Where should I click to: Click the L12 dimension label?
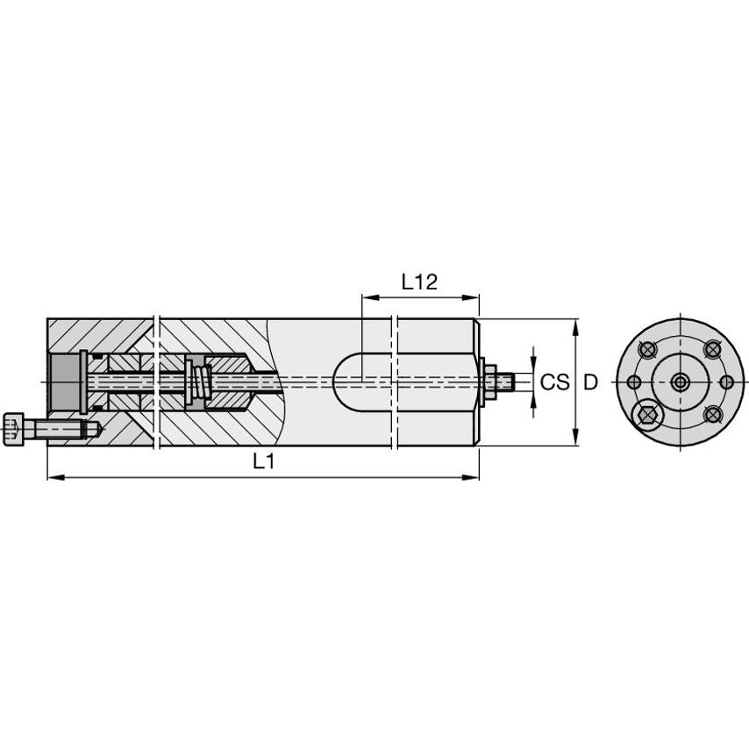point(419,282)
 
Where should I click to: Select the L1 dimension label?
point(264,462)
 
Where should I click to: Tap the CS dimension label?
point(553,382)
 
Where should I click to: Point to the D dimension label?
point(591,382)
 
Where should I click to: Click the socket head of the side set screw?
point(13,429)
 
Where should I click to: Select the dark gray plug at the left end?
point(64,382)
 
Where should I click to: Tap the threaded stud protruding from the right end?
point(503,382)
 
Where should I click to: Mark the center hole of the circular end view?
point(680,382)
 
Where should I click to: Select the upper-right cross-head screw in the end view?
point(712,350)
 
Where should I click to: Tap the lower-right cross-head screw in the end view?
point(712,414)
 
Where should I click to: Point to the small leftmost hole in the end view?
point(632,382)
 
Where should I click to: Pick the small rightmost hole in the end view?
point(726,382)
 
